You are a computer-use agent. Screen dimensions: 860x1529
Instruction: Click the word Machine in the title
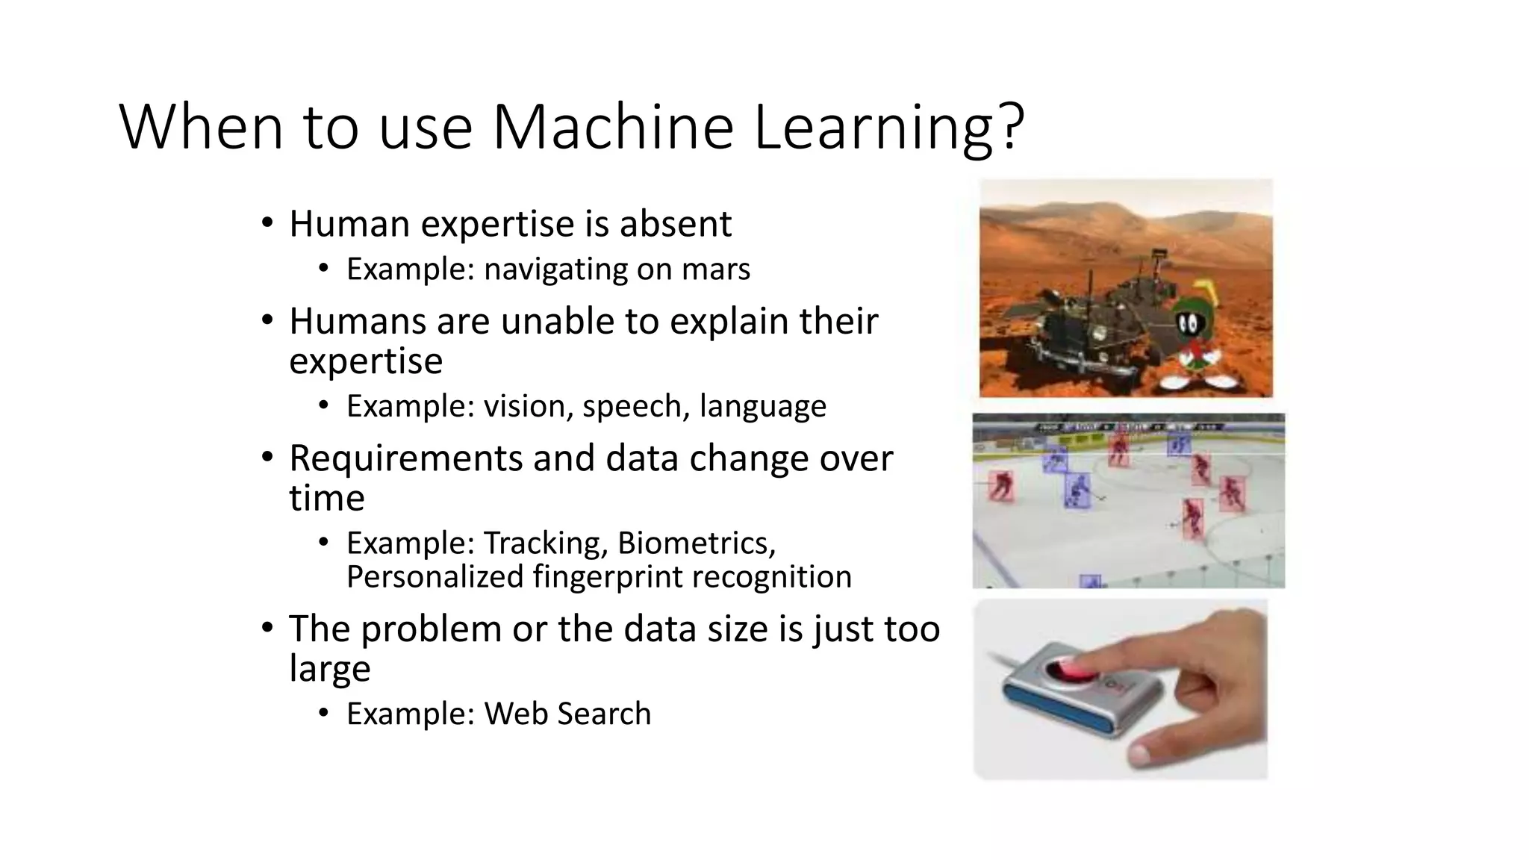[x=613, y=127]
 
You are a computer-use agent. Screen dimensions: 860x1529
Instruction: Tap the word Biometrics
[x=697, y=543]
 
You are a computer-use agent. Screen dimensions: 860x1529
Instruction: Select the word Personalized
[x=435, y=577]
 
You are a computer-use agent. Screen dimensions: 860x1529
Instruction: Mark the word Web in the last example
[x=516, y=714]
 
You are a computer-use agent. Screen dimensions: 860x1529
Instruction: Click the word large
[x=329, y=669]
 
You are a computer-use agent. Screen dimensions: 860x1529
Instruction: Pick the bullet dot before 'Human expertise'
[x=267, y=223]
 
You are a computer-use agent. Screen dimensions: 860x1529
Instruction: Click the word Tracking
[x=544, y=543]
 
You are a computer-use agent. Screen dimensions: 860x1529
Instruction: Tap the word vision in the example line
[x=528, y=407]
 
